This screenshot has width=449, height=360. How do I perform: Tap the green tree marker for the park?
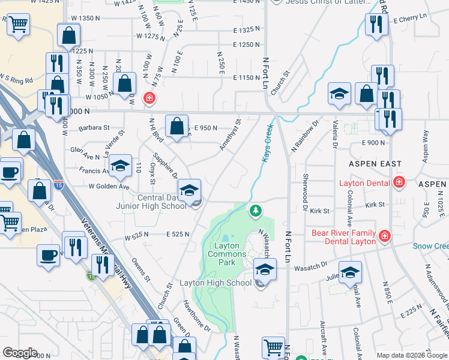(256, 210)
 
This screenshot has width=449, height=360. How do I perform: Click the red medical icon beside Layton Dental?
(399, 182)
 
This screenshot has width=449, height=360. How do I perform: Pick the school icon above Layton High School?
(264, 269)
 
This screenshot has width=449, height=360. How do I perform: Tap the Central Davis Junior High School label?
(162, 202)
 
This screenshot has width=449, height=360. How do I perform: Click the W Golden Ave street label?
(109, 187)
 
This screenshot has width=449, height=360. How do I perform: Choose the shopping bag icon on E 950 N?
(176, 127)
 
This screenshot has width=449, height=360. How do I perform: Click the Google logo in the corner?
(20, 353)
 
